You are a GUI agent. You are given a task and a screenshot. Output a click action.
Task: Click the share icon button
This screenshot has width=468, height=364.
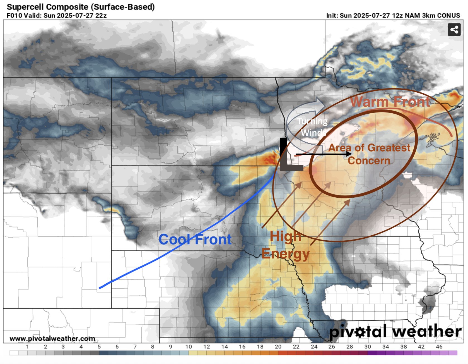coord(454,30)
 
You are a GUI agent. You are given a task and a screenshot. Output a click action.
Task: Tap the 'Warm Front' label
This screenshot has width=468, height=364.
coord(390,102)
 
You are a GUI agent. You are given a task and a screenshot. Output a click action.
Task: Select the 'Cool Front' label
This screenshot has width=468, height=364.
coord(195,240)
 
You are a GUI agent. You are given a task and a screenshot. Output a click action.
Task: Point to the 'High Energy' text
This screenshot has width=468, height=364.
coord(286,245)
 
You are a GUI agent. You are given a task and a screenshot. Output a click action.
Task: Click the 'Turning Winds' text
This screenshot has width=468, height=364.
coord(313,127)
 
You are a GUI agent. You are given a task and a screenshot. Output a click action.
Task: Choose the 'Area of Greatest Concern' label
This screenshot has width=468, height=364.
coord(369,154)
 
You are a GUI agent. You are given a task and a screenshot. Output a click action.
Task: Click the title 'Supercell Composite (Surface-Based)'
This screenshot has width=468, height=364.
coord(81,7)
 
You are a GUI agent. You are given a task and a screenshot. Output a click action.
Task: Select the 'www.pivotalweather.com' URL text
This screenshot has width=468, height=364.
coord(52,339)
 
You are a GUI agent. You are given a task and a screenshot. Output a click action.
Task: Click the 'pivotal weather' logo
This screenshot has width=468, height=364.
coord(395,332)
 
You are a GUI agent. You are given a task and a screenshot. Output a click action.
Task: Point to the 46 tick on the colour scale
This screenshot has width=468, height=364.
coord(439,347)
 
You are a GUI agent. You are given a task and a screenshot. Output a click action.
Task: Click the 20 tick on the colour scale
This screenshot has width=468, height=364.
coord(278,347)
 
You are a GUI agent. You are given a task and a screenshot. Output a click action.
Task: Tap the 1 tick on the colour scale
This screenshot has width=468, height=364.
coord(27,347)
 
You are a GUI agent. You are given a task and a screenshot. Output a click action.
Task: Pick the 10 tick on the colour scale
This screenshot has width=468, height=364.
coord(189,347)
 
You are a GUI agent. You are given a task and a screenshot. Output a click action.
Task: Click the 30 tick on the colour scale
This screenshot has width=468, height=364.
coord(368,347)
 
